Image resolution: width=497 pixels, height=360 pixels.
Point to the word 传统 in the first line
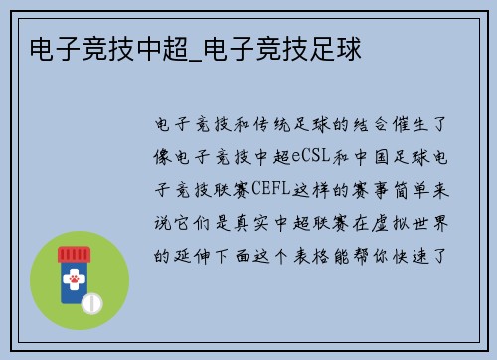click(261, 126)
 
